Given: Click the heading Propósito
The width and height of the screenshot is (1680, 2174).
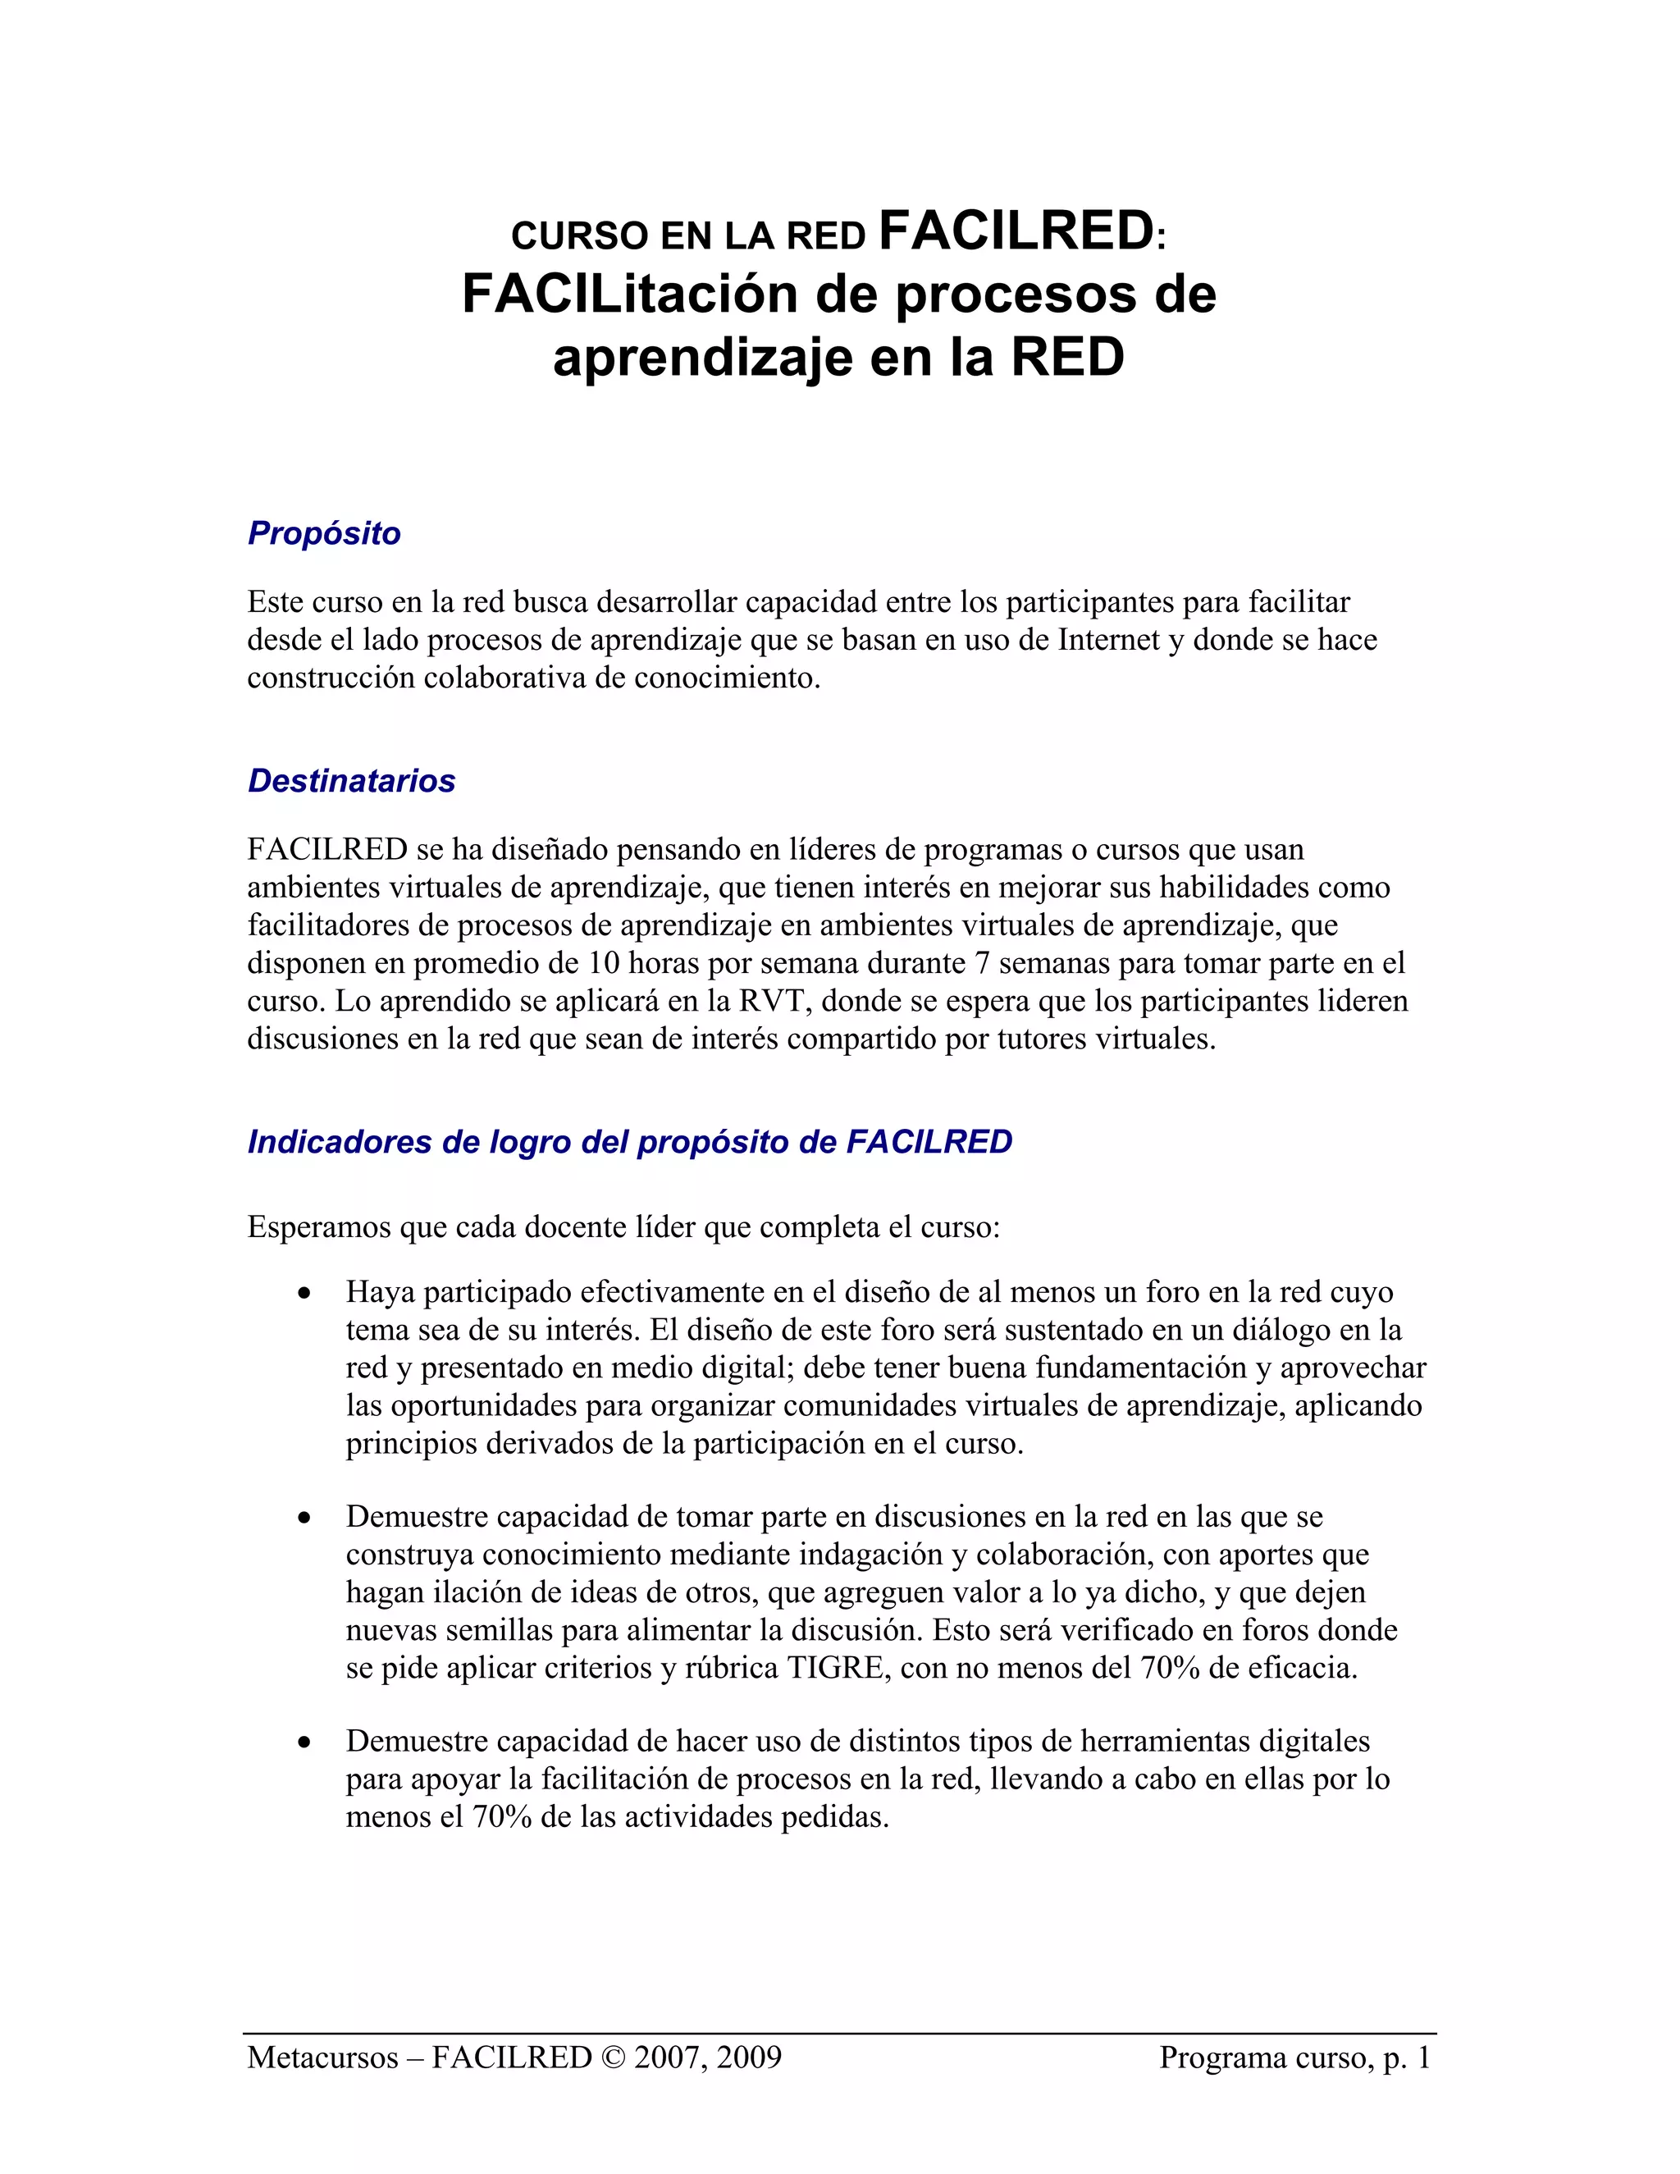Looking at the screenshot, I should [x=323, y=533].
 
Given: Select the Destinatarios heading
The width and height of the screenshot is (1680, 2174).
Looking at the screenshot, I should [x=351, y=781].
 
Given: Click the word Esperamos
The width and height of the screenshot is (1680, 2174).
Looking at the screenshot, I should [x=319, y=1226].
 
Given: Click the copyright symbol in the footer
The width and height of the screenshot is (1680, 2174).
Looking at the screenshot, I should [x=612, y=2058].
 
